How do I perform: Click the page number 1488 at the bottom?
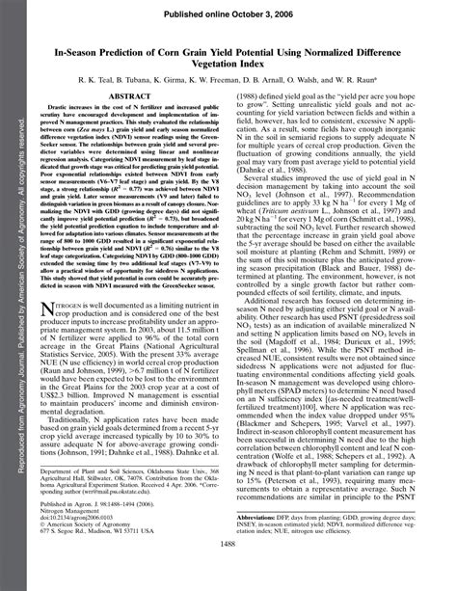[228, 570]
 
